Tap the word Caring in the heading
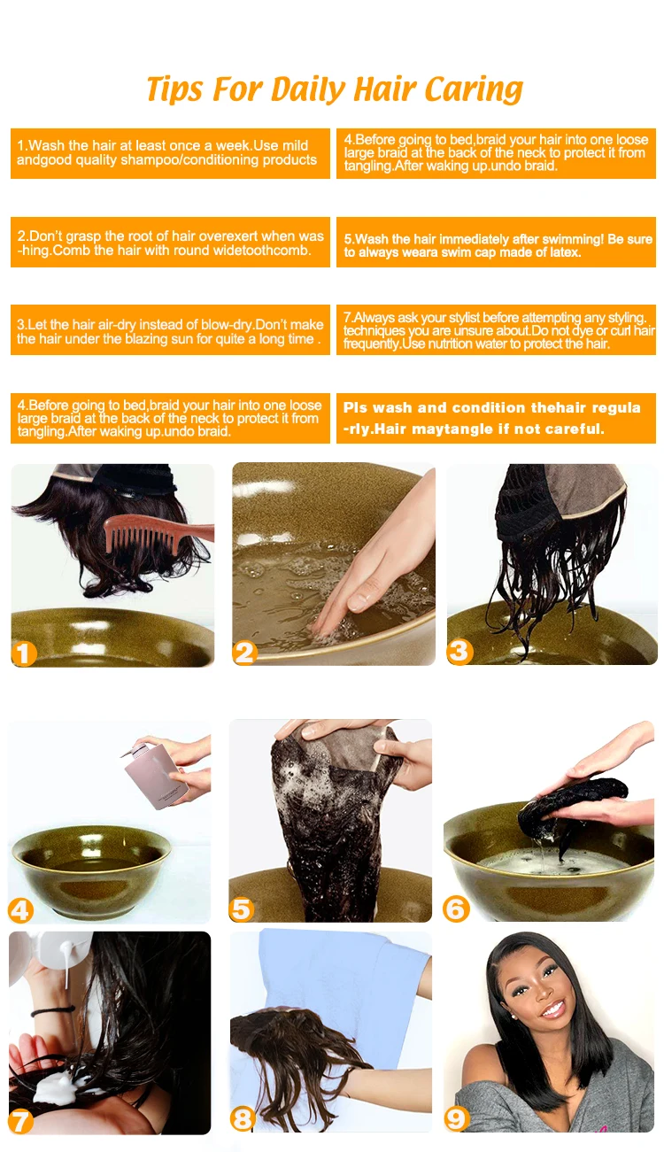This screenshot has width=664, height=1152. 473,89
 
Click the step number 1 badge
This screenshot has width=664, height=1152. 24,653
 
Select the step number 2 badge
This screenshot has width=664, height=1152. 245,653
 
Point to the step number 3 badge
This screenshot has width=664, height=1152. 459,652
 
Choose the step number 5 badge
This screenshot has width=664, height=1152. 242,909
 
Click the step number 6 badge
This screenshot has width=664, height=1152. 456,908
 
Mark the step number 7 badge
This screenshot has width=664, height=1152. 21,1122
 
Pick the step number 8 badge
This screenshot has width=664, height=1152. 243,1119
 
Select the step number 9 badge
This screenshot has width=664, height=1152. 456,1119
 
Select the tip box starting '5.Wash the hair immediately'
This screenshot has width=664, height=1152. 496,243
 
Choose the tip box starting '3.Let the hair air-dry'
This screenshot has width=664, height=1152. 170,330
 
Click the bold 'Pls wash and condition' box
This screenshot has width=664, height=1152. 496,418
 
